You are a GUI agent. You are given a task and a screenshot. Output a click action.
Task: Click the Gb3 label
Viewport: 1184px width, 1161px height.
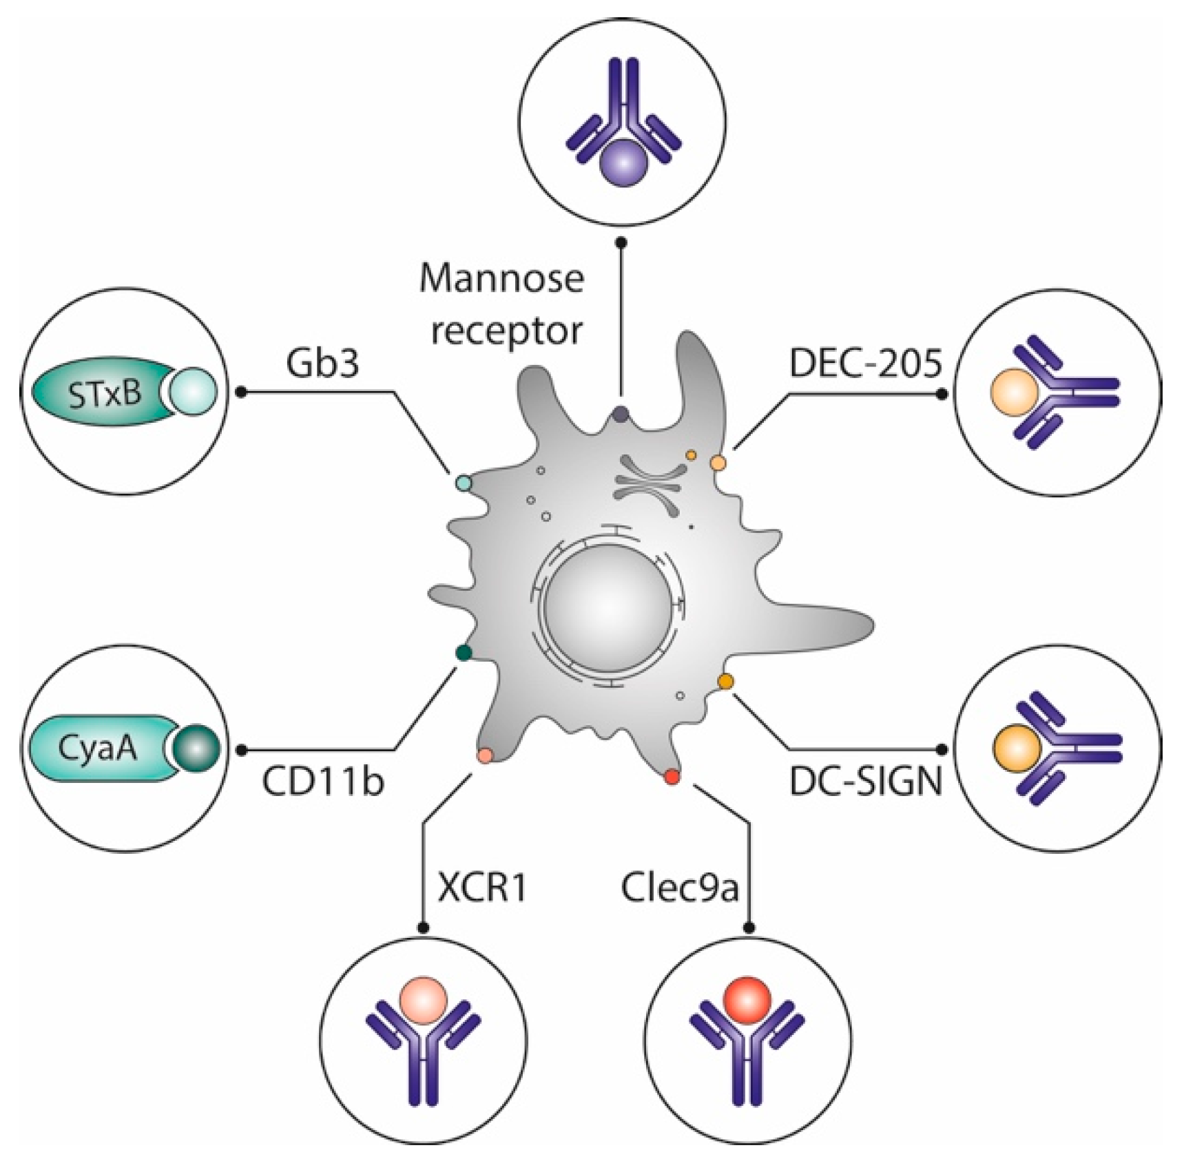pos(323,363)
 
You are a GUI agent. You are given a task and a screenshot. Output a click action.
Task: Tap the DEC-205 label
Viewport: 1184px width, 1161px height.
pos(865,363)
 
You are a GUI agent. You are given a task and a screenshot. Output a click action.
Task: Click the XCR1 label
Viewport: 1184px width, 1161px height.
pos(482,888)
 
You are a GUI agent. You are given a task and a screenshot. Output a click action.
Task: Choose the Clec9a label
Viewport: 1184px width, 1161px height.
pos(680,888)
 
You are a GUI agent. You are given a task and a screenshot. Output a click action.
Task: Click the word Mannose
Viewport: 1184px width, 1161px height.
pos(501,279)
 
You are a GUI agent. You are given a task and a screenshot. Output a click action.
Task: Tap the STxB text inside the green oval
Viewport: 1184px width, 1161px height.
pos(105,393)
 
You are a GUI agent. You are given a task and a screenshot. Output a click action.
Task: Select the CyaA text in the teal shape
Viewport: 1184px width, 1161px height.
pos(98,749)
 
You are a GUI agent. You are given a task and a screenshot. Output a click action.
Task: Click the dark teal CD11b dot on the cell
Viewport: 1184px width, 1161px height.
pos(464,652)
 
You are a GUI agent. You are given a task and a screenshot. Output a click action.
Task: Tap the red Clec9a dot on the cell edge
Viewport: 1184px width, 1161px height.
pos(672,777)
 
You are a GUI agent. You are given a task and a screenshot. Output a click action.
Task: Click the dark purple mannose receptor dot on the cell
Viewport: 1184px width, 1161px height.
pos(621,414)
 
